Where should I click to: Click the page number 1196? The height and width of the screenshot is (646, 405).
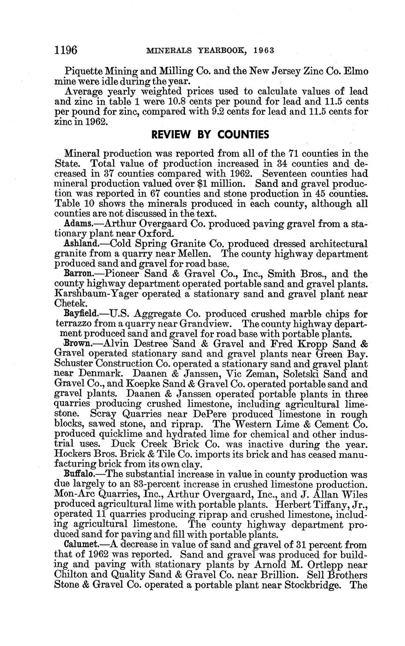(66, 50)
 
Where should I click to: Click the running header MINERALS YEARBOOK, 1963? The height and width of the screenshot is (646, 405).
(210, 50)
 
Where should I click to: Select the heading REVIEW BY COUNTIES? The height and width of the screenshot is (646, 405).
(210, 135)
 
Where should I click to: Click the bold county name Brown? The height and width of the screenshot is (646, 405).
(76, 344)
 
